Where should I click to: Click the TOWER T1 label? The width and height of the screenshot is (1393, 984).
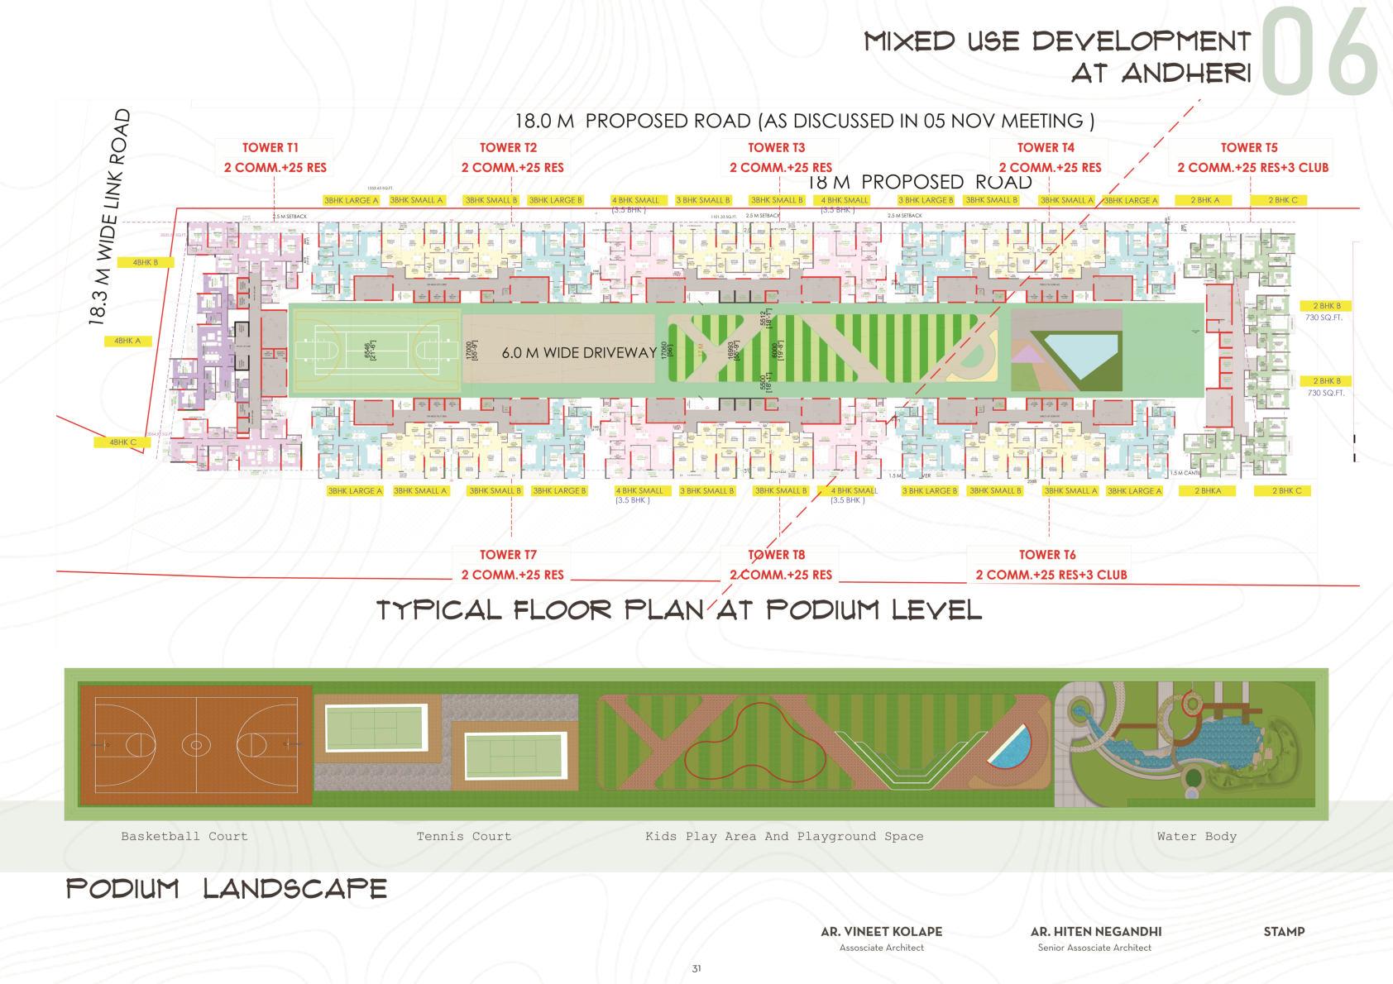tap(270, 148)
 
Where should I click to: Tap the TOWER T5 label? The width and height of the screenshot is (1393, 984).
tap(1249, 148)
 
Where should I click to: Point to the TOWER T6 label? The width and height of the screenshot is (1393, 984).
tap(1047, 555)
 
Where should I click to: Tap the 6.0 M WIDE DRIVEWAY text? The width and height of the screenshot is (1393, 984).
tap(579, 353)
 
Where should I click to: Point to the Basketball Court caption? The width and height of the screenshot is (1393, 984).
tap(184, 836)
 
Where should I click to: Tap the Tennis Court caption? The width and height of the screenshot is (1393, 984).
tap(464, 836)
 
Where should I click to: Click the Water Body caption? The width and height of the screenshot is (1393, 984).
tap(1196, 836)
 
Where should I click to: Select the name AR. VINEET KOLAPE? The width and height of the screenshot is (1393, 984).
tap(881, 931)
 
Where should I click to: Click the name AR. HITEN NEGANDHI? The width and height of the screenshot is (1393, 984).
tap(1095, 931)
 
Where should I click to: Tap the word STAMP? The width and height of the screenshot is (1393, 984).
tap(1284, 931)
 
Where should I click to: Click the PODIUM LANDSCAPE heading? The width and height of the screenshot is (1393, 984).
tap(227, 889)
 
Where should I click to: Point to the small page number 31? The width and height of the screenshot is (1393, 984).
tap(696, 968)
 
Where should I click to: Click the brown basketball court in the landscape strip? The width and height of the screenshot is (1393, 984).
tap(196, 745)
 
